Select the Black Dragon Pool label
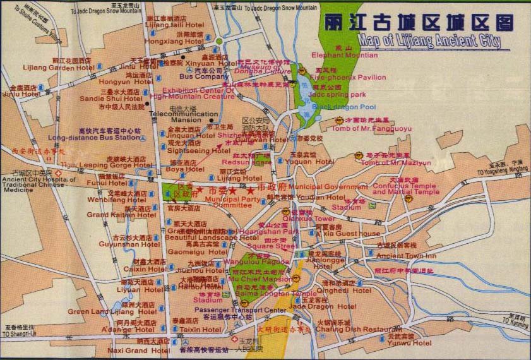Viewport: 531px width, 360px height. click(343, 107)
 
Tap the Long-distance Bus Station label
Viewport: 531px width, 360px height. click(85, 137)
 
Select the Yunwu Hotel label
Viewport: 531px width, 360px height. click(410, 343)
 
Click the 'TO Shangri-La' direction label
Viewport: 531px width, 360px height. click(19, 333)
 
